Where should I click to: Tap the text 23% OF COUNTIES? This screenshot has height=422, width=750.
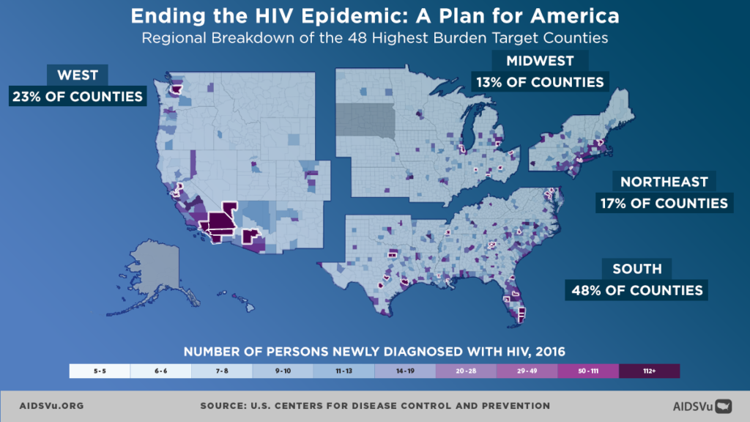76,96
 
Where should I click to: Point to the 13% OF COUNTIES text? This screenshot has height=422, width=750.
539,81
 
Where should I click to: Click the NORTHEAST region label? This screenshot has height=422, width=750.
664,182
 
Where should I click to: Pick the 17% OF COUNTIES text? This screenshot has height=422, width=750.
664,203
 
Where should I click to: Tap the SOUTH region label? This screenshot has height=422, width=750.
636,269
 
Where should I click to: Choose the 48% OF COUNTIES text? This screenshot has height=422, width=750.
636,290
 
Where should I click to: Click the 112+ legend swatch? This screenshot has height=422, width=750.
649,371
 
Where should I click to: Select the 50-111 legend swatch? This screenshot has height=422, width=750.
588,371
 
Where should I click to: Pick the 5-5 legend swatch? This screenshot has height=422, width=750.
100,371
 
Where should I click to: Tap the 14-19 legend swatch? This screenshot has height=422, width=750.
405,371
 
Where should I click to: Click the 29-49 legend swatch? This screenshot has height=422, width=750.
527,371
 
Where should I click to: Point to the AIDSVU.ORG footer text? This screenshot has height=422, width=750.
52,405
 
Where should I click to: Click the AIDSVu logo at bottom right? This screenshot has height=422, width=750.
702,405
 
